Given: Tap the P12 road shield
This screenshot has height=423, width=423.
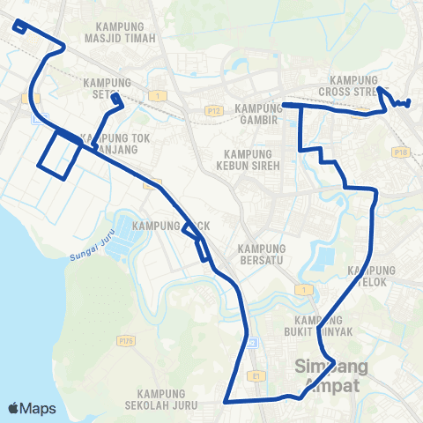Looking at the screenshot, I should (213, 110).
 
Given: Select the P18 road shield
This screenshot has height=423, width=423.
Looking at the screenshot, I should (401, 152).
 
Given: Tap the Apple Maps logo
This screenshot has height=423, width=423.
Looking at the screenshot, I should (32, 408).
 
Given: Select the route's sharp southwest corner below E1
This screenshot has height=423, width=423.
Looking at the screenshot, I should (226, 401).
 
